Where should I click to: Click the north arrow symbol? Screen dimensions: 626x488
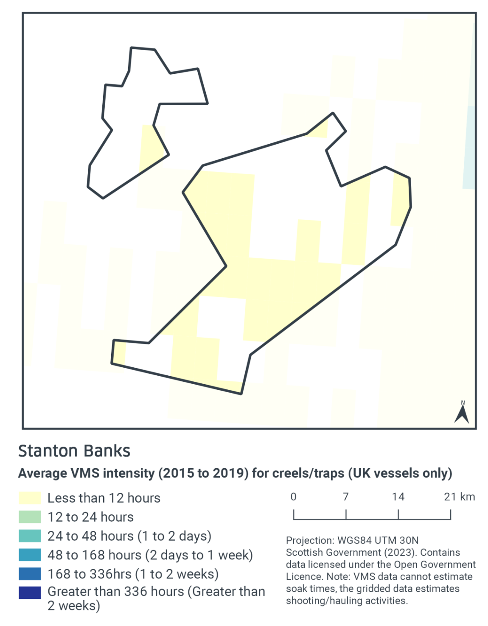[462, 413]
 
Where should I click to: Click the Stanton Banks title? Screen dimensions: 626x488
[74, 451]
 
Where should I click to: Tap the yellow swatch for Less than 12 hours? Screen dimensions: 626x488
[30, 498]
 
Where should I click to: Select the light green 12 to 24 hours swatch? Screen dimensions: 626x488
[30, 517]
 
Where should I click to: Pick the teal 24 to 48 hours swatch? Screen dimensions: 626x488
[30, 536]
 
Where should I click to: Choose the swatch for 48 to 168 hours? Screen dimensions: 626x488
[30, 555]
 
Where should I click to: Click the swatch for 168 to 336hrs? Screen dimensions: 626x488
[30, 574]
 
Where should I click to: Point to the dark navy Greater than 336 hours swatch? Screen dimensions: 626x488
[30, 592]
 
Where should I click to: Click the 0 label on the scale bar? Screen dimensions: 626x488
[293, 497]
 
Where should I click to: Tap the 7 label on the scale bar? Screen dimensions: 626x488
[346, 497]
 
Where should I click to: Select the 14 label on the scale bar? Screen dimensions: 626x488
[398, 497]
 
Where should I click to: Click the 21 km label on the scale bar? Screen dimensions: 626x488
[459, 497]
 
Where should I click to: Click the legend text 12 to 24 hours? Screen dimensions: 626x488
[90, 517]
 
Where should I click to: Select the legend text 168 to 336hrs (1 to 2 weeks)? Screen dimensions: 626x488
[133, 574]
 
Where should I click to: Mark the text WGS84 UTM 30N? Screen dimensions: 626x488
[378, 540]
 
